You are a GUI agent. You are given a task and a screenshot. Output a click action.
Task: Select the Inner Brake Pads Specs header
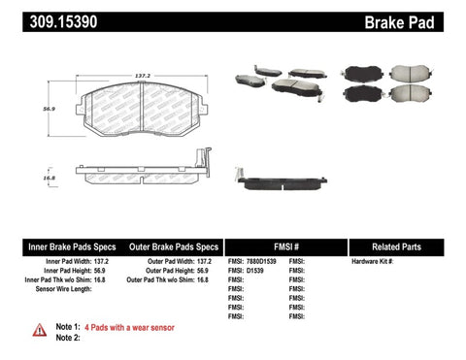pos(56,246)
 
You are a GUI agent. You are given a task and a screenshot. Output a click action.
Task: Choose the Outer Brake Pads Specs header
pos(168,246)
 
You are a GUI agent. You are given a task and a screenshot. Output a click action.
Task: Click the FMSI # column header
pos(283,246)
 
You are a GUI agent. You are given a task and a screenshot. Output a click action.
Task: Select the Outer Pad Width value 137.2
pos(205,262)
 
